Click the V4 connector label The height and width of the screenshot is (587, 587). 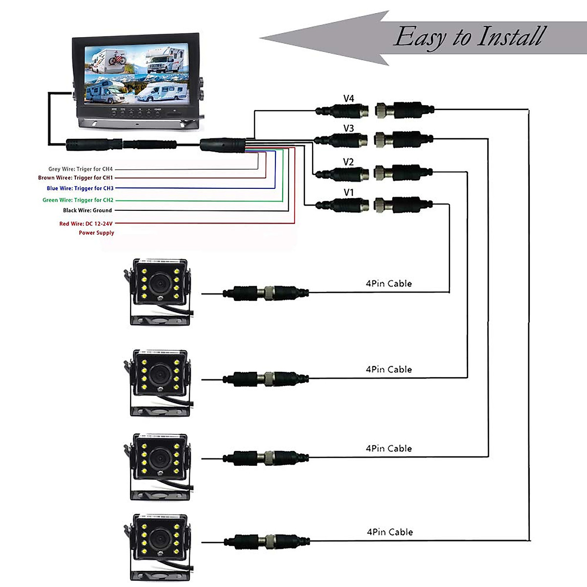click(348, 98)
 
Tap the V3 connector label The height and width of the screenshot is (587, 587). click(348, 128)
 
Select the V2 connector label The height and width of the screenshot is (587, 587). click(348, 162)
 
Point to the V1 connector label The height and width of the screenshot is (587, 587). click(348, 193)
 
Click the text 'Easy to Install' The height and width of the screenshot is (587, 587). click(470, 37)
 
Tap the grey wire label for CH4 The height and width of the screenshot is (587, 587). click(80, 169)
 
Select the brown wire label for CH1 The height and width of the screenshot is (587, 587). click(75, 178)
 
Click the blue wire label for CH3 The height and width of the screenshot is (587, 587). click(80, 188)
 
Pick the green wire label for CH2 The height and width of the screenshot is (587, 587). click(78, 200)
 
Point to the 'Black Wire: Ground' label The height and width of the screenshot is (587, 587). click(88, 210)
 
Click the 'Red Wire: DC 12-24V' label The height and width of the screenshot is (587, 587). click(86, 224)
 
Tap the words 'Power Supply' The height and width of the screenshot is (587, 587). click(96, 233)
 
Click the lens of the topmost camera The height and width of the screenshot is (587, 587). click(159, 282)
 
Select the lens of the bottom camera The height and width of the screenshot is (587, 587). click(159, 538)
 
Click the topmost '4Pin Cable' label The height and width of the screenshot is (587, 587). click(389, 284)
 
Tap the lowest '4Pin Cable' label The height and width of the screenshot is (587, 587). click(390, 532)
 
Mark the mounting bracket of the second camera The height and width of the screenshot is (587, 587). click(159, 410)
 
